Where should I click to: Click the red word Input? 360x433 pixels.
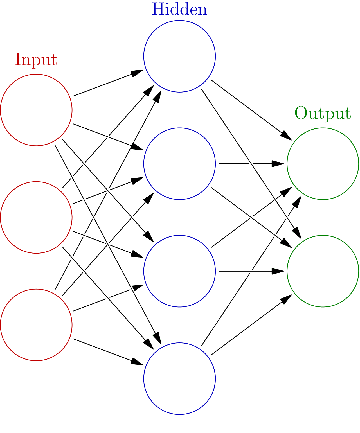click(x=36, y=60)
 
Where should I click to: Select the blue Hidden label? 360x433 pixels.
click(x=179, y=9)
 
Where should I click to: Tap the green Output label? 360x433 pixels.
click(x=323, y=114)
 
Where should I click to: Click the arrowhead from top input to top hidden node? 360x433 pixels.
click(x=137, y=73)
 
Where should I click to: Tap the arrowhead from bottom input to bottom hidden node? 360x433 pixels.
click(x=137, y=362)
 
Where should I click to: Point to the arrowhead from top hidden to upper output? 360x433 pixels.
click(x=286, y=136)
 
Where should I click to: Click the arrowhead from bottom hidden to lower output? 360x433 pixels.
click(x=286, y=299)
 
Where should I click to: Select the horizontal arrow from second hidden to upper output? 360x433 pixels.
click(x=251, y=164)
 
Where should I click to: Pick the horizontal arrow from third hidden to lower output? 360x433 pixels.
click(x=251, y=271)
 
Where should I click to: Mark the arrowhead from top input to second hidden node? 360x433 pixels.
click(x=137, y=147)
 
